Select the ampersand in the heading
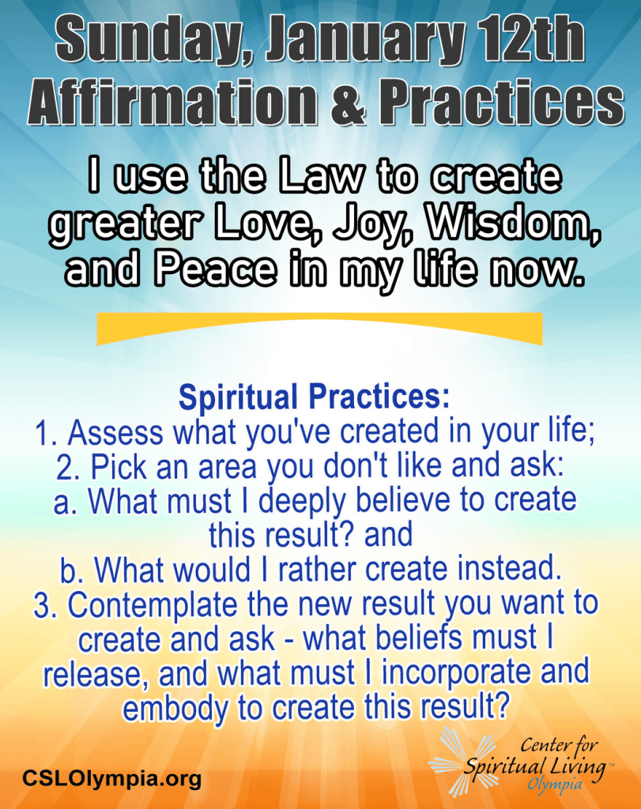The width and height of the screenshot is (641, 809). (348, 101)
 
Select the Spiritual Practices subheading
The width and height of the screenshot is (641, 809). (315, 398)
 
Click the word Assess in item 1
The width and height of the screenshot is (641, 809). (115, 432)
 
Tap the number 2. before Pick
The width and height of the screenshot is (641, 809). (69, 468)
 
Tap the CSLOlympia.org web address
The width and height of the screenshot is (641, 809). (111, 778)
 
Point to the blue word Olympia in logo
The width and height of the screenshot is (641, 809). (554, 785)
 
